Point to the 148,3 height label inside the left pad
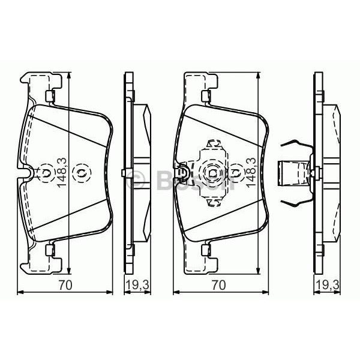pyautogui.click(x=61, y=173)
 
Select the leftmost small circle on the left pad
pyautogui.click(x=46, y=173)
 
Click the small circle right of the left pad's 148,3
pyautogui.click(x=79, y=173)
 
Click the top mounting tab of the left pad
pyautogui.click(x=50, y=94)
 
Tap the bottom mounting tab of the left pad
pyautogui.click(x=50, y=252)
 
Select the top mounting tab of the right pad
pyautogui.click(x=207, y=94)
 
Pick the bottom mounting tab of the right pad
pyautogui.click(x=207, y=252)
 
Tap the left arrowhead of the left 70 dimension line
pyautogui.click(x=17, y=292)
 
